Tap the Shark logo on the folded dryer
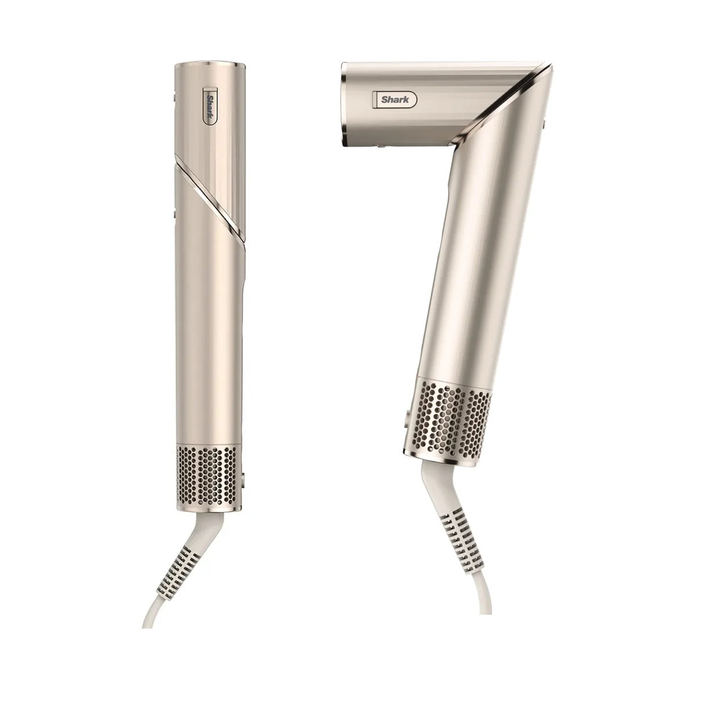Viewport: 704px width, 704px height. tap(395, 99)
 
